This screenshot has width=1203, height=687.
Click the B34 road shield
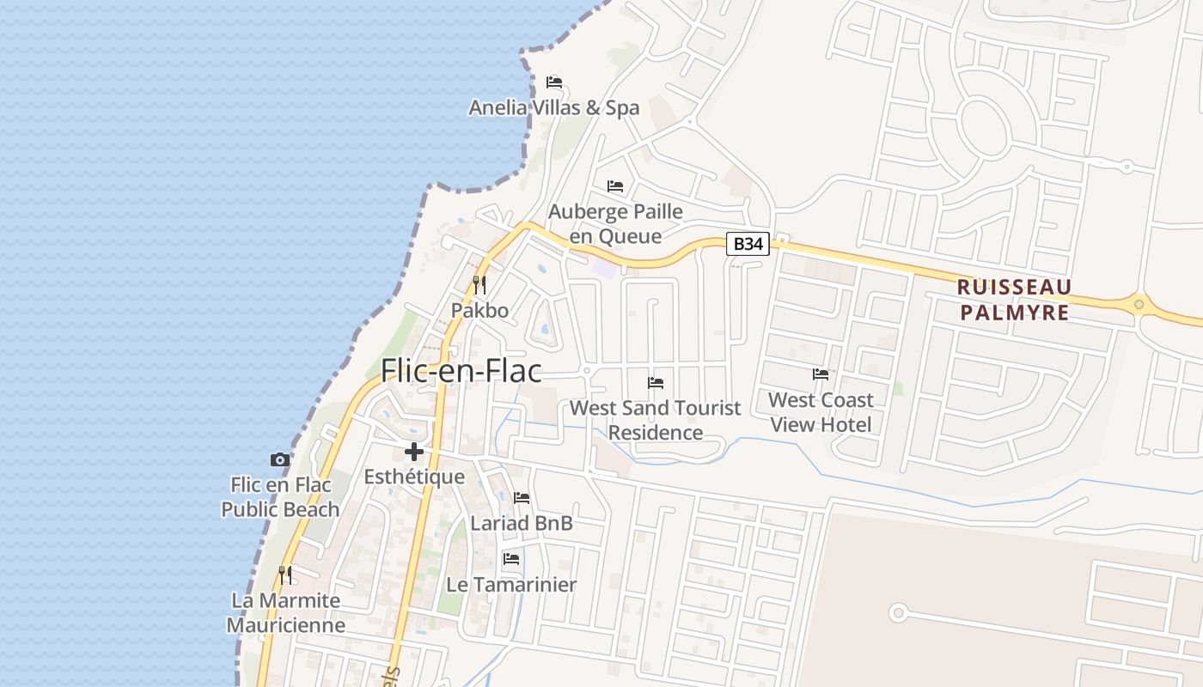tap(748, 244)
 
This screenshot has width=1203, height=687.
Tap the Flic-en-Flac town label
tap(461, 370)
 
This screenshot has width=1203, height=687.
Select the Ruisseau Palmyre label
tap(1014, 299)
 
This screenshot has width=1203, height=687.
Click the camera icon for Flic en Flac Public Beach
tap(280, 460)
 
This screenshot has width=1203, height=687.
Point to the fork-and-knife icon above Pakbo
tap(479, 284)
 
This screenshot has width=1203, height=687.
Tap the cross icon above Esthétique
tap(414, 452)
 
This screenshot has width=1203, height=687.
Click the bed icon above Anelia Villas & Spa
tap(554, 82)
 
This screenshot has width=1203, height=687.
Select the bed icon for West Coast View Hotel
tap(821, 374)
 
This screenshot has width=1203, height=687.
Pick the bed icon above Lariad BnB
tap(522, 498)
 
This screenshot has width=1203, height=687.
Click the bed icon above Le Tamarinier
tap(511, 559)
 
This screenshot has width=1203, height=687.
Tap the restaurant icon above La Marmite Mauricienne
tap(285, 575)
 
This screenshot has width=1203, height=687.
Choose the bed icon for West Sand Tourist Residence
tap(656, 382)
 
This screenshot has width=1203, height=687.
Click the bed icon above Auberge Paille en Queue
tap(615, 186)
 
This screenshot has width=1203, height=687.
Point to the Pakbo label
tap(479, 310)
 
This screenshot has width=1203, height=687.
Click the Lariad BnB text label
tap(522, 523)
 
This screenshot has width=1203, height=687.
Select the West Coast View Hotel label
tap(821, 412)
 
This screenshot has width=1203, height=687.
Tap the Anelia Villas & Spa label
tap(554, 107)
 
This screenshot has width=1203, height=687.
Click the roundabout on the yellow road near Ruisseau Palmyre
tap(1139, 303)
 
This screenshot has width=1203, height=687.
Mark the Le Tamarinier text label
tap(511, 584)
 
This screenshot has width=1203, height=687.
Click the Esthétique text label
tap(414, 477)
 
